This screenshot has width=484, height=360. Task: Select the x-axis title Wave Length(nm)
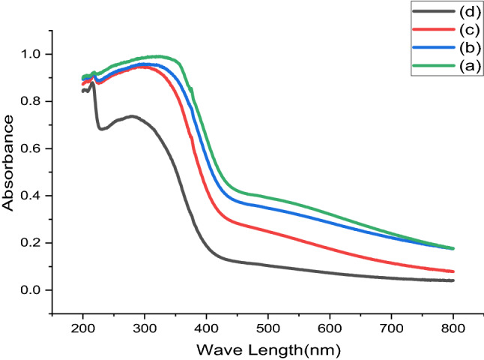[x=268, y=349]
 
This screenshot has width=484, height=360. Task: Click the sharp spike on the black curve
[x=92, y=84]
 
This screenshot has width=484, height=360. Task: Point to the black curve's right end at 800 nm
[x=453, y=280]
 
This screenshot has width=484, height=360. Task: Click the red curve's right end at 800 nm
[x=453, y=271]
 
